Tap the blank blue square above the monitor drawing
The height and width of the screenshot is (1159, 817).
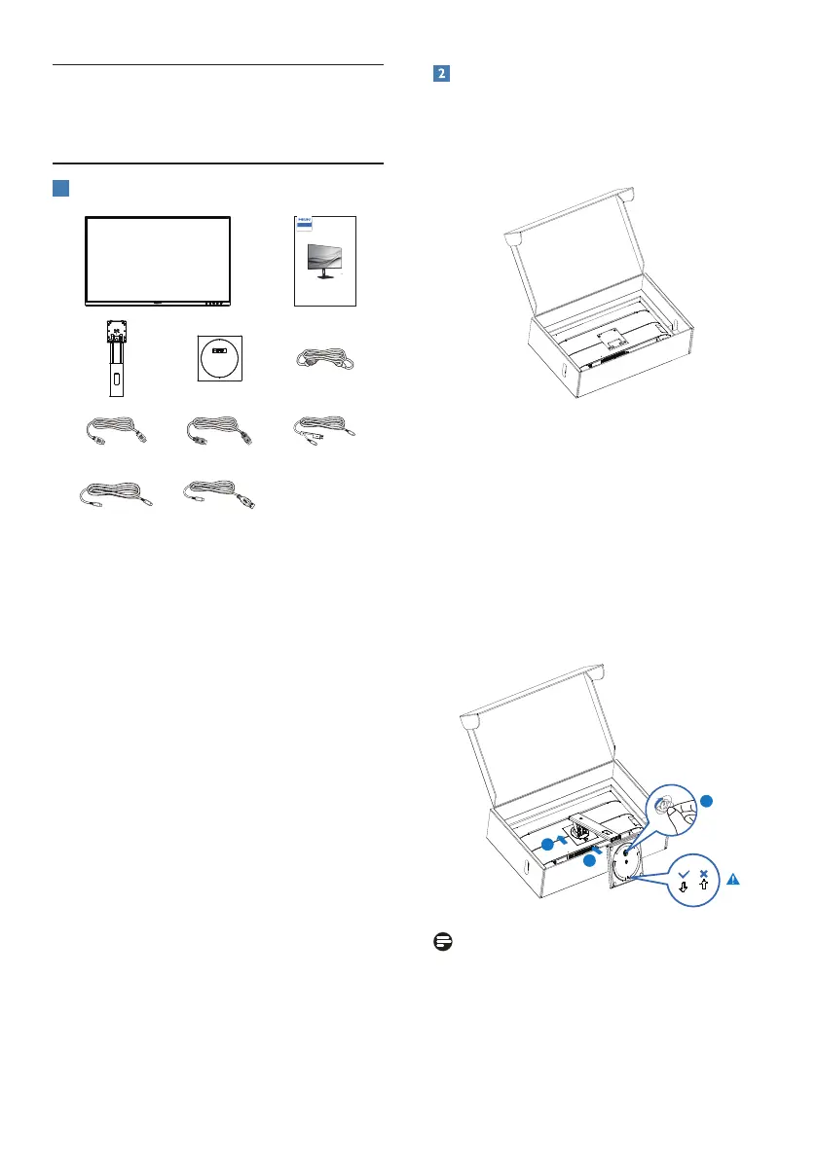pyautogui.click(x=59, y=187)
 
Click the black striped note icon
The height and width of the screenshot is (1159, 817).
pyautogui.click(x=441, y=942)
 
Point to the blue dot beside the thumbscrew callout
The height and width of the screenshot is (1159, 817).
pyautogui.click(x=708, y=800)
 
